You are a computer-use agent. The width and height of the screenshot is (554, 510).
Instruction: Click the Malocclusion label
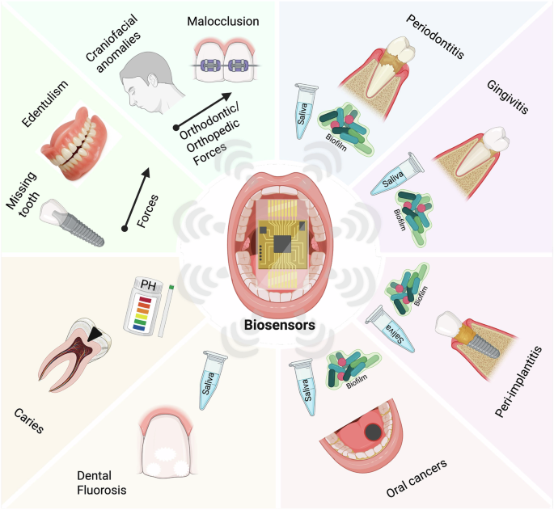coord(222,20)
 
